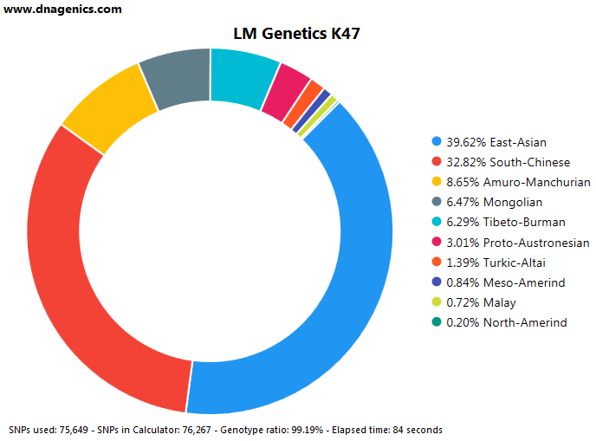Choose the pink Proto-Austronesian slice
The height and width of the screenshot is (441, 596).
[x=287, y=92]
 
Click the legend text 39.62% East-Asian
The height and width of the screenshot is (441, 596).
[x=496, y=142]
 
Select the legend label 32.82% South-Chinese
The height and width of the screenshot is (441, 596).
[x=509, y=162]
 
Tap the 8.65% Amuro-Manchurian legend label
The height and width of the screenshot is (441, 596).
[x=518, y=182]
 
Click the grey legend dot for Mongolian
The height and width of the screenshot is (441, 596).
[x=437, y=202]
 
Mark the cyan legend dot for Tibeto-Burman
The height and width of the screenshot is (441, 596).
[x=437, y=221]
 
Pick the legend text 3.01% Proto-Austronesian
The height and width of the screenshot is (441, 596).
[x=518, y=243]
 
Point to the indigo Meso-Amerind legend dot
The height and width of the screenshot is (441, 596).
[x=437, y=282]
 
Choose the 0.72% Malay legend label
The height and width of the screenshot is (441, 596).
[x=481, y=302]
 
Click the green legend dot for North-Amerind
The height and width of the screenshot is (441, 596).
[x=437, y=321]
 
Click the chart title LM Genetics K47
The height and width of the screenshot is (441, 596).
[x=296, y=34]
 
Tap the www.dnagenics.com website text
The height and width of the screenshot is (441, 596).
[x=62, y=10]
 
